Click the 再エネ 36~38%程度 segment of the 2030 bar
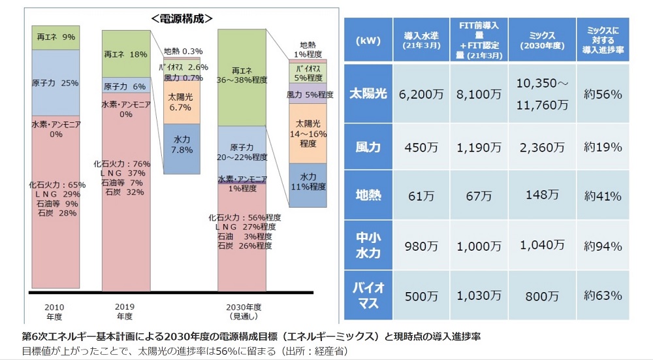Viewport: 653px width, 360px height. click(242, 75)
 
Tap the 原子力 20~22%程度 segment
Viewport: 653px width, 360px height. click(242, 152)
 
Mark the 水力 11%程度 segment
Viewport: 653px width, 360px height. click(308, 182)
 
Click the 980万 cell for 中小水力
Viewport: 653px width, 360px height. click(421, 246)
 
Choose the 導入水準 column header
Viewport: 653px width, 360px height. click(421, 41)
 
